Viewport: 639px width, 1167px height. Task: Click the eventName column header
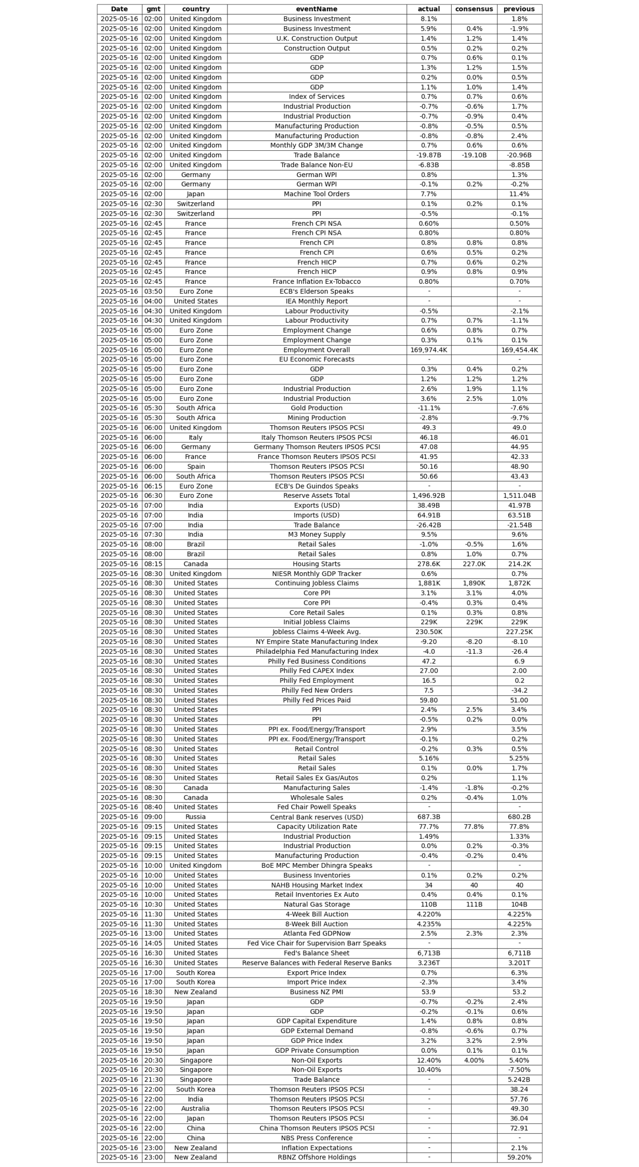click(317, 9)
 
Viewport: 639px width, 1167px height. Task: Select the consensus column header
click(474, 9)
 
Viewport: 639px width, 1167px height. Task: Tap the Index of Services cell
click(317, 96)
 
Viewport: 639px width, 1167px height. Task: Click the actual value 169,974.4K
click(428, 350)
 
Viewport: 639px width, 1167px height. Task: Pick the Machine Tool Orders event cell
click(317, 194)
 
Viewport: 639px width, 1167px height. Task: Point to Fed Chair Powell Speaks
click(317, 807)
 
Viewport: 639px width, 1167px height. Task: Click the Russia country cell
click(195, 816)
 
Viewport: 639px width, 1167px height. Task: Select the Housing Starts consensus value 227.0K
click(474, 564)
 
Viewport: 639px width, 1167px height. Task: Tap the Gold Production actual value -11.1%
click(428, 408)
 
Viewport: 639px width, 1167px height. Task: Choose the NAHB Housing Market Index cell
click(317, 885)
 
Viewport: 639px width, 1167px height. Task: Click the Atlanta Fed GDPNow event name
click(317, 933)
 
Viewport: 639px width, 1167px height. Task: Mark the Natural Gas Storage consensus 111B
click(474, 904)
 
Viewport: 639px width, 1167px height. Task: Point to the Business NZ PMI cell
click(317, 991)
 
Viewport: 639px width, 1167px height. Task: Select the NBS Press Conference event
click(317, 1137)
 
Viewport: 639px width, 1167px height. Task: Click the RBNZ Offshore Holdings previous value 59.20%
click(519, 1157)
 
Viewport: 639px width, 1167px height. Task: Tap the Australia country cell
click(195, 1108)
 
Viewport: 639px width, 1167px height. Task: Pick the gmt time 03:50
click(153, 291)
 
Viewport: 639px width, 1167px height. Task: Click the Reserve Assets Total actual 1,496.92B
click(428, 495)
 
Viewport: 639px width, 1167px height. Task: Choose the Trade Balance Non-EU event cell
click(317, 165)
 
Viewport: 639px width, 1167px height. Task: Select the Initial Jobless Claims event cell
click(317, 622)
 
